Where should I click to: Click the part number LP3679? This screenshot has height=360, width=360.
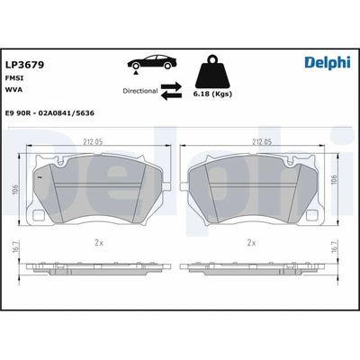[x=25, y=65]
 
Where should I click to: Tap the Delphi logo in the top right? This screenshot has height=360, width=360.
[x=328, y=62]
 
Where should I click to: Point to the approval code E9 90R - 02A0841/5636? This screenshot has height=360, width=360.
[x=49, y=113]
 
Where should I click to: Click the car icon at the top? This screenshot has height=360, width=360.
[x=152, y=62]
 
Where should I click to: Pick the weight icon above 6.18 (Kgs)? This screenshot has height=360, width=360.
[x=212, y=71]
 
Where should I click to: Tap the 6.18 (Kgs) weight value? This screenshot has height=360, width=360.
[x=212, y=94]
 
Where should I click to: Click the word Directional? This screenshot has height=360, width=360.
[x=140, y=91]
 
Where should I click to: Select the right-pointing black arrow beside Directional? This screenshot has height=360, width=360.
[x=171, y=86]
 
